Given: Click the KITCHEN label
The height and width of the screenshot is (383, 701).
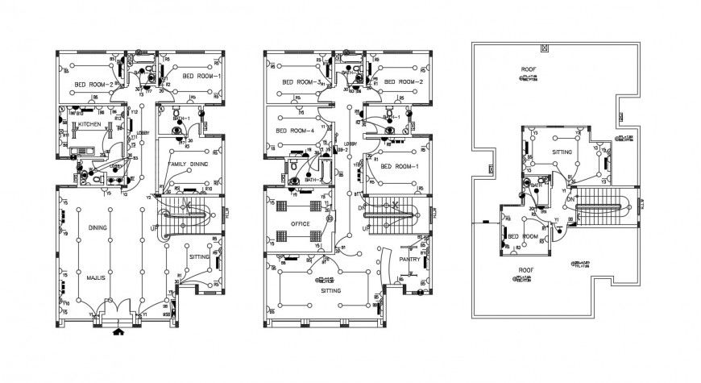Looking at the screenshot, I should click(89, 125).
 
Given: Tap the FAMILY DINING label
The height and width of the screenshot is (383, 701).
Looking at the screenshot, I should click(188, 164).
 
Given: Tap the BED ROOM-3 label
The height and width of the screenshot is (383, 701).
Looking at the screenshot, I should click(302, 82).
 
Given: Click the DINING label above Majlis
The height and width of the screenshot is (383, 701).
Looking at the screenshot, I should click(98, 228).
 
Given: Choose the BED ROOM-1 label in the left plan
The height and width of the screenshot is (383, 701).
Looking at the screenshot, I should click(201, 76).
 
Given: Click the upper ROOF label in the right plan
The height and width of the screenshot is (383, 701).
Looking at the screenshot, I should click(529, 69).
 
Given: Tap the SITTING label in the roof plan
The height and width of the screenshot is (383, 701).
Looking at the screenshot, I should click(562, 151).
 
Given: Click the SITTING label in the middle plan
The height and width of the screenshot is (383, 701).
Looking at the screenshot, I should click(330, 289).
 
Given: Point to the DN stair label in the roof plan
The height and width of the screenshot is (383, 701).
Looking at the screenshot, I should click(570, 199).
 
